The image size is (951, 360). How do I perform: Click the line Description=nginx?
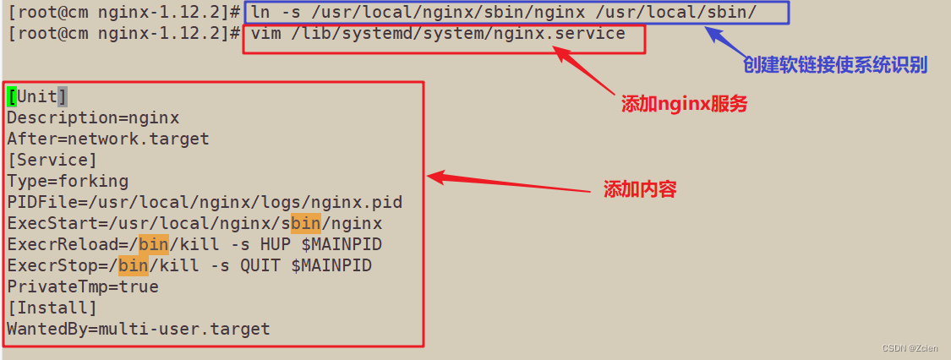tap(93, 117)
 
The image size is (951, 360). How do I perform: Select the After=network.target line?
tap(108, 139)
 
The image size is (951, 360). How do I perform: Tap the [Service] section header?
tap(52, 160)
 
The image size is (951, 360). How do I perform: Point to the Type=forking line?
tap(68, 181)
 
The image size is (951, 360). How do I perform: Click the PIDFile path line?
tap(205, 202)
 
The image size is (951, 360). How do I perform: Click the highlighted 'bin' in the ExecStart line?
tap(305, 223)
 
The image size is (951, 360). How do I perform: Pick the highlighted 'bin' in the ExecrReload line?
tap(155, 244)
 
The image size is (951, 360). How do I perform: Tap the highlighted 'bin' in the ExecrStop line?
tap(134, 265)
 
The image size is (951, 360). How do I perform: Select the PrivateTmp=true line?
tap(83, 286)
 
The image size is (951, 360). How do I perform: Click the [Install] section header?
tap(52, 308)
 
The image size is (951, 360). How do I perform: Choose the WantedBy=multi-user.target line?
tap(139, 329)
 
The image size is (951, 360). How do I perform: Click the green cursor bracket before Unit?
tap(12, 96)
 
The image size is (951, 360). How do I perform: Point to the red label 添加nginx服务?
tap(685, 104)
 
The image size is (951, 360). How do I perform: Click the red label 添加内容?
tap(640, 189)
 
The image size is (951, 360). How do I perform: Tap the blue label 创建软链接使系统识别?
tap(835, 65)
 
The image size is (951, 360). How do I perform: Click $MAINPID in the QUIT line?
tap(331, 265)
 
